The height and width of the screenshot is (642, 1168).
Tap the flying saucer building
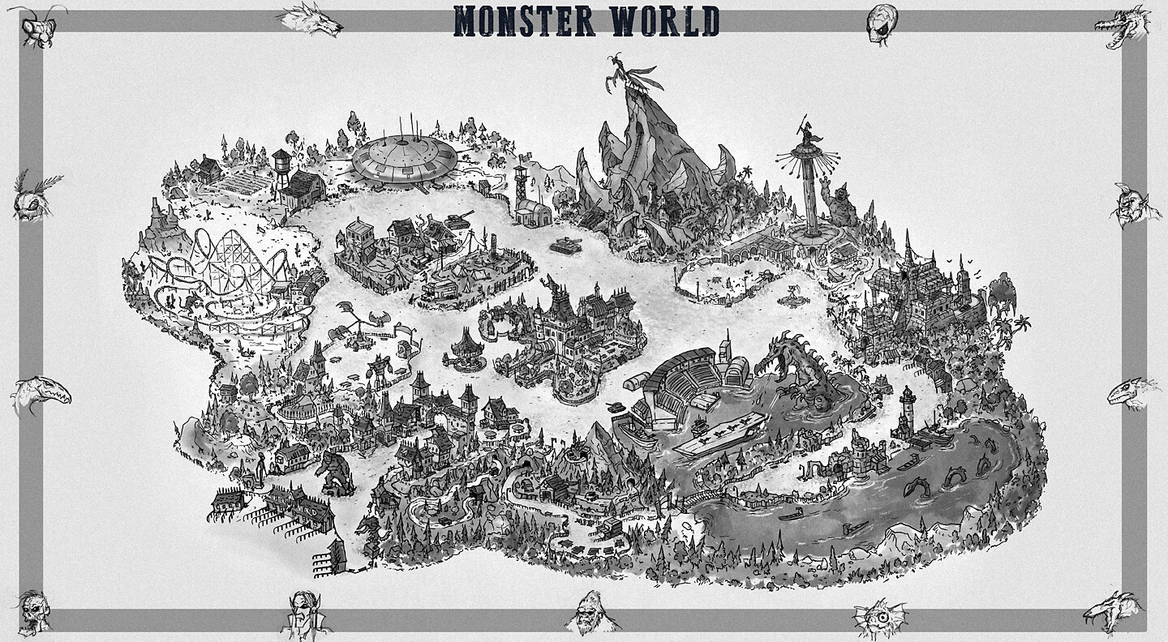point(404,157)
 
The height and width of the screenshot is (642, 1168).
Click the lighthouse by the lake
point(907,409)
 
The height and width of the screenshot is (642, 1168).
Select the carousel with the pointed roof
point(468,349)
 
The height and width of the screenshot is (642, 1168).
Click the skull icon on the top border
point(882,22)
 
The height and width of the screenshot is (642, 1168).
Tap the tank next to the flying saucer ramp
point(457,218)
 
